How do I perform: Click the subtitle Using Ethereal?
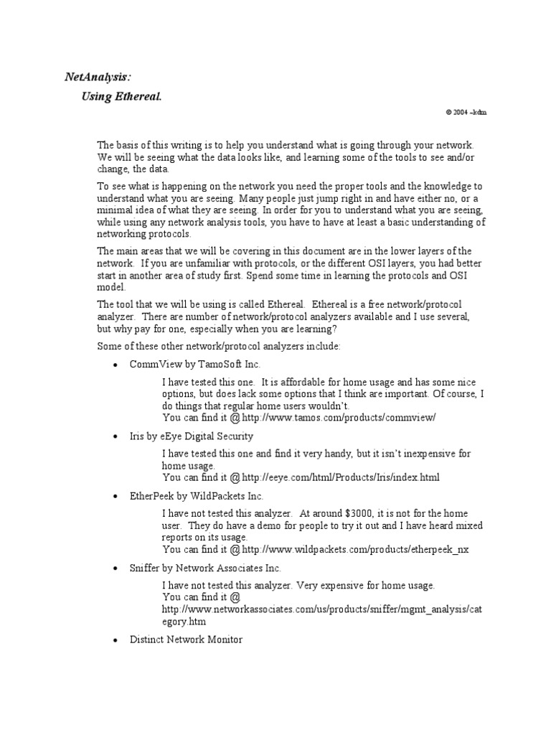(x=121, y=96)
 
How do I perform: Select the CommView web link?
(x=339, y=417)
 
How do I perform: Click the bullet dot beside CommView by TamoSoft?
(x=116, y=365)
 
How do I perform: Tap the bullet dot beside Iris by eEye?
(x=116, y=436)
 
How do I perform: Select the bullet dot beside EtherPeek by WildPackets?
(x=116, y=497)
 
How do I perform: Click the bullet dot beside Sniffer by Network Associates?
(x=116, y=568)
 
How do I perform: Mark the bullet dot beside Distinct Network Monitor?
(x=116, y=640)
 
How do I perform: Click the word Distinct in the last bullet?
(x=148, y=639)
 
